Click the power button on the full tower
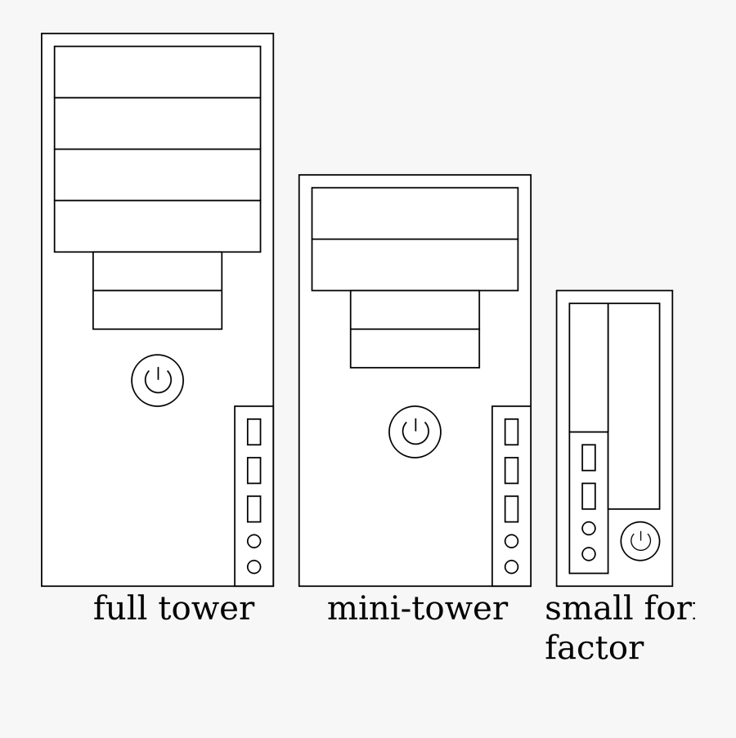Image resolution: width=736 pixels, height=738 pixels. pos(157,380)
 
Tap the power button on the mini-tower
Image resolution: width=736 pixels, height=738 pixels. pos(415,432)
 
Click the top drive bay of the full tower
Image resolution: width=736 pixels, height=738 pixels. pos(157,72)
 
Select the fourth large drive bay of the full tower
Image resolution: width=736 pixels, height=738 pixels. pos(157,226)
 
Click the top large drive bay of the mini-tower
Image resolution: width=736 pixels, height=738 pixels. pos(415,213)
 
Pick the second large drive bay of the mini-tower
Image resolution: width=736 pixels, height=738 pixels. pos(415,265)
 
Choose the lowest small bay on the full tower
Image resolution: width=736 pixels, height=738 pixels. pos(157,310)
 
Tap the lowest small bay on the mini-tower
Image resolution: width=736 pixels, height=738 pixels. pos(415,348)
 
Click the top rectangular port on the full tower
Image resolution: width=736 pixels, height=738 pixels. pos(254,432)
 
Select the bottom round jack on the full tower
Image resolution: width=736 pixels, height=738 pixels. pos(254,566)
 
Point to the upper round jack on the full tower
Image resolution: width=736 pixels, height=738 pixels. pos(254,540)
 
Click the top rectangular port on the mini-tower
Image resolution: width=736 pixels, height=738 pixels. pos(511,432)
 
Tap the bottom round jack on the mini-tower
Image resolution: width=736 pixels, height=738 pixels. pos(511,566)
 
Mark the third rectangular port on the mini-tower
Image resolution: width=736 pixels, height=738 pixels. pos(511,508)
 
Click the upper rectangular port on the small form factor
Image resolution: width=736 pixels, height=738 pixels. pos(588,457)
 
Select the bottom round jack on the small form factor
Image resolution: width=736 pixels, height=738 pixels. pos(588,554)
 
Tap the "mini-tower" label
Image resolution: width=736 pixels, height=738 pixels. pos(417,609)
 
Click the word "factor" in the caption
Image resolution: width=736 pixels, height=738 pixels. pos(594,649)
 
